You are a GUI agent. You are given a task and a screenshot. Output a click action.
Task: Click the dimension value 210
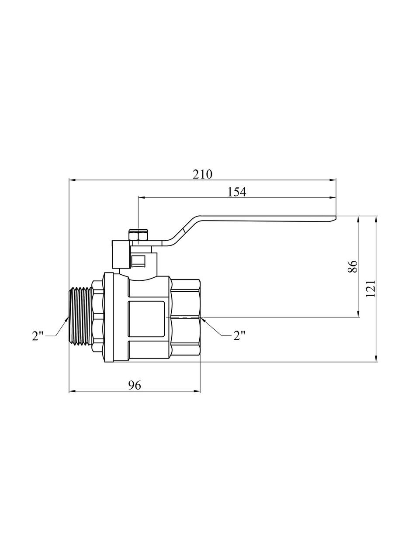pos(202,174)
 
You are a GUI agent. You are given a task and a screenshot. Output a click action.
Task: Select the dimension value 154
pos(237,192)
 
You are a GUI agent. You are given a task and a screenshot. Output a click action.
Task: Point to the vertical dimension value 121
pos(371,289)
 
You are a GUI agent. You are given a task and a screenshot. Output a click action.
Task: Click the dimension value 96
pos(135,385)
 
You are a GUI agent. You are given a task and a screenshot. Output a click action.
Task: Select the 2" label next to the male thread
pos(38,335)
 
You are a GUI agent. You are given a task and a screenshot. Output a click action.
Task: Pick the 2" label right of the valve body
pos(239,335)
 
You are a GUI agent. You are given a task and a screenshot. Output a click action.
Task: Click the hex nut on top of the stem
pos(139,236)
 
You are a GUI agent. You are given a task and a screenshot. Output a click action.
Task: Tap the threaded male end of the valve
pos(80,316)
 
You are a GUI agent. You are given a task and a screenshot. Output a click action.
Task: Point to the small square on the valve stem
pos(139,262)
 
